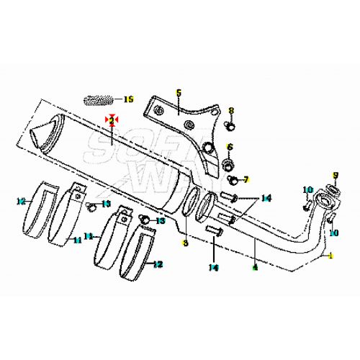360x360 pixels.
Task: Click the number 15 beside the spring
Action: tap(129, 99)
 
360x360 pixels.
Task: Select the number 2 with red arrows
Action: tap(112, 120)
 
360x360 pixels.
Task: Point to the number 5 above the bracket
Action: tap(179, 93)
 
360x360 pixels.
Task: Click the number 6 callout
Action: tap(230, 147)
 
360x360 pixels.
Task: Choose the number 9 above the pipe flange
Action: tap(335, 176)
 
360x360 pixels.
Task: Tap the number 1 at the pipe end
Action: tap(332, 256)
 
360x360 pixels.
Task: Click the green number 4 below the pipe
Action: tap(253, 268)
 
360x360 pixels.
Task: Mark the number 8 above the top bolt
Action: tap(231, 111)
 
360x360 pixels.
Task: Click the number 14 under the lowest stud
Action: tap(214, 267)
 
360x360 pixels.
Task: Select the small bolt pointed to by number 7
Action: tap(230, 177)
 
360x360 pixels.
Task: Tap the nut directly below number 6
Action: tap(230, 162)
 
